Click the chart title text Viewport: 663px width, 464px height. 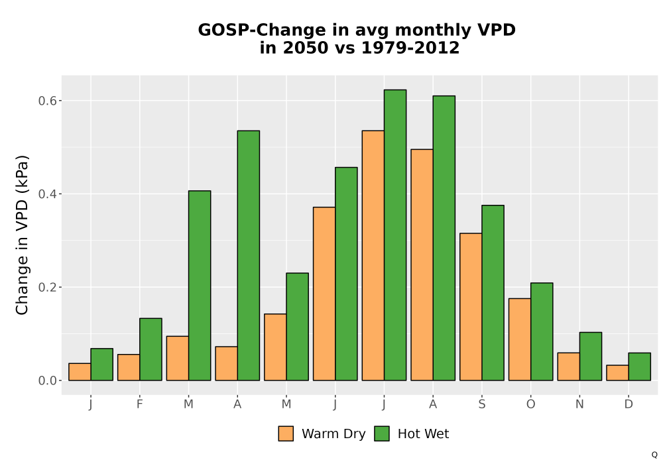(357, 38)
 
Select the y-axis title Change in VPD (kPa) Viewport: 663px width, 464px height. (22, 235)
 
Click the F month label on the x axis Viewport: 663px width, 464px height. (139, 404)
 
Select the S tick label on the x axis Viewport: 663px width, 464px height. (481, 404)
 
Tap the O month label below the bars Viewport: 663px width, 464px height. (530, 404)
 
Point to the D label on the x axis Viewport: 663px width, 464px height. (629, 404)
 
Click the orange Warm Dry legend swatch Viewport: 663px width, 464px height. (286, 434)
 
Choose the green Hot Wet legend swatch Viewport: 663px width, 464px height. (382, 434)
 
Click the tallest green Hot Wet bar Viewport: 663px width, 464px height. (395, 235)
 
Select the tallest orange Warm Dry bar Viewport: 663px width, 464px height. (373, 256)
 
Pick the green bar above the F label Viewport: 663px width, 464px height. (151, 349)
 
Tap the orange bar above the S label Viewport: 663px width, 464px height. (471, 307)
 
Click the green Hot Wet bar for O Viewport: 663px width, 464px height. (542, 331)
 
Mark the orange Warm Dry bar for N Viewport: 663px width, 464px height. (569, 367)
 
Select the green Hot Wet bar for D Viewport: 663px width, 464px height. (639, 367)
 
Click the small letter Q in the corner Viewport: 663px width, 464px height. (654, 455)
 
